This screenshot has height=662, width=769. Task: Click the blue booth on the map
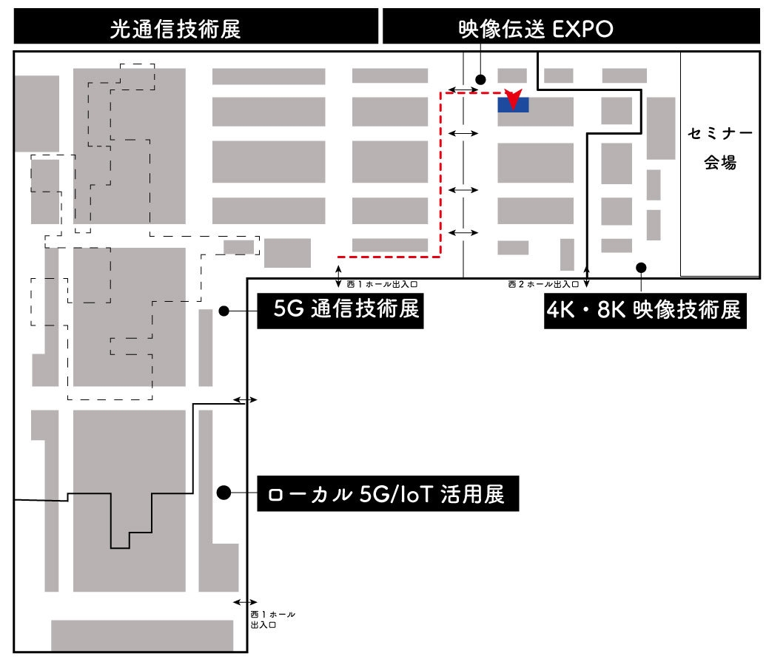pyautogui.click(x=513, y=104)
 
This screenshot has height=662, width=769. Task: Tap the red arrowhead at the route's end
pyautogui.click(x=511, y=96)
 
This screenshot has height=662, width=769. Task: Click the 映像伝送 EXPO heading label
pyautogui.click(x=537, y=29)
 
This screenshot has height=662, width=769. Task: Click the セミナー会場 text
pyautogui.click(x=719, y=149)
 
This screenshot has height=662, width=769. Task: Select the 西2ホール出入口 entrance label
pyautogui.click(x=543, y=284)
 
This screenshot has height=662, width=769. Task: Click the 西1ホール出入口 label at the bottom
pyautogui.click(x=272, y=619)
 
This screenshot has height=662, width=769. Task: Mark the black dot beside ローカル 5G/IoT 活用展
pyautogui.click(x=224, y=492)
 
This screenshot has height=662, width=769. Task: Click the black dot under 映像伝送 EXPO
pyautogui.click(x=480, y=79)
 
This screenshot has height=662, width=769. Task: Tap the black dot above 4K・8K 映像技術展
pyautogui.click(x=641, y=267)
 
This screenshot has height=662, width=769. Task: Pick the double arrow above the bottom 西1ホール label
pyautogui.click(x=246, y=602)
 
